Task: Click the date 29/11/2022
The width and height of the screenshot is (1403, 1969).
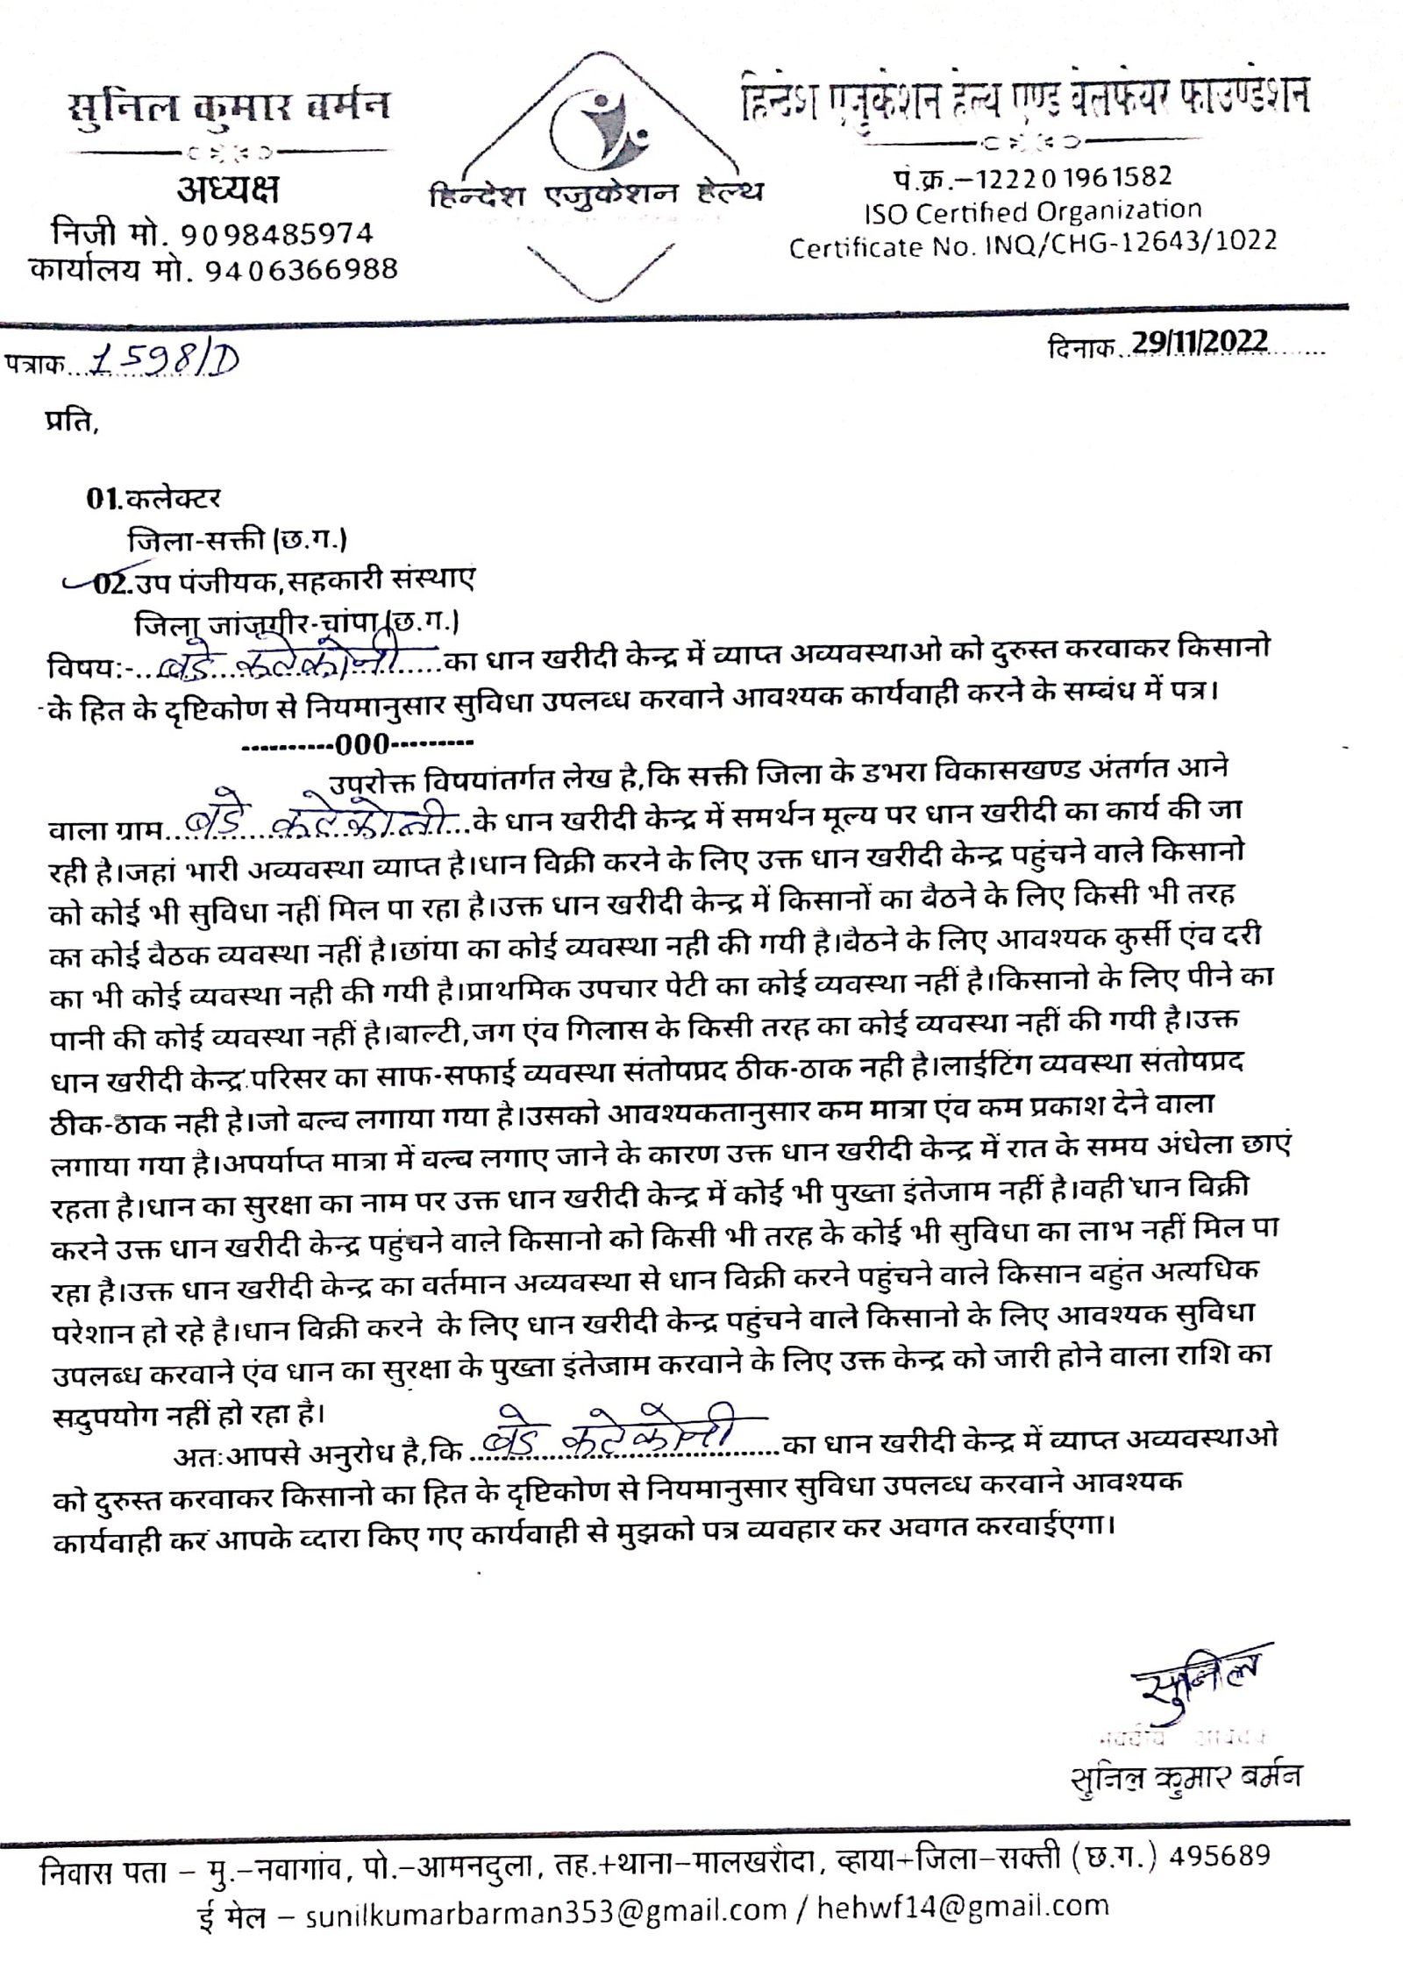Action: click(x=1198, y=342)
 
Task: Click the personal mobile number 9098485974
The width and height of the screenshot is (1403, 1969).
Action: click(x=276, y=234)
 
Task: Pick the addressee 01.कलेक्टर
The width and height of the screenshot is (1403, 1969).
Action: click(x=153, y=499)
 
